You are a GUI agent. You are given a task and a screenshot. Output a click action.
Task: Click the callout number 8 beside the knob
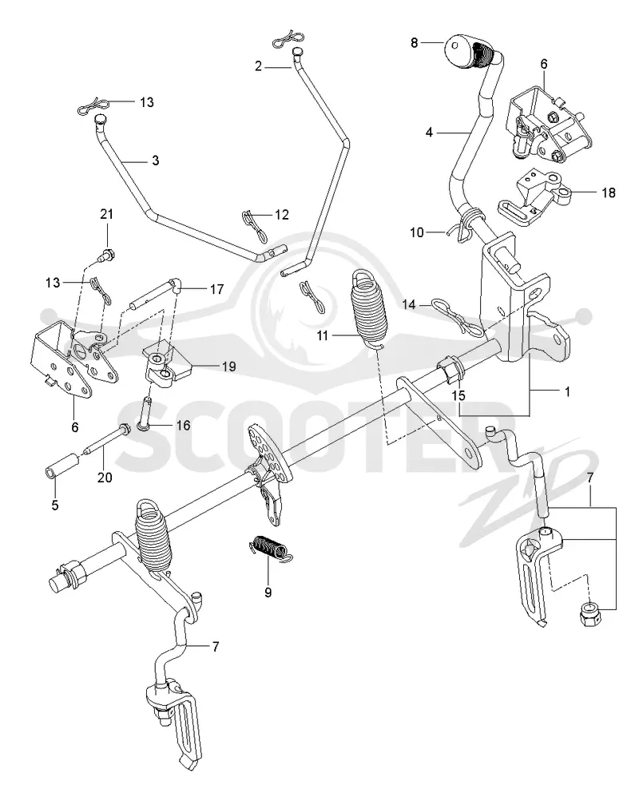point(415,43)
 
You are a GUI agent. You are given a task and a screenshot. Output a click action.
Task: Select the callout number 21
point(107,215)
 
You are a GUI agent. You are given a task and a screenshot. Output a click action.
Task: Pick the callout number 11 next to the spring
point(323,335)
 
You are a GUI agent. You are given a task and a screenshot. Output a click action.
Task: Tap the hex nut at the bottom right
point(589,614)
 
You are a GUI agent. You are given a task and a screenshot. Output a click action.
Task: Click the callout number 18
point(609,192)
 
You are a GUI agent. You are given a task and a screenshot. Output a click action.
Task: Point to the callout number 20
point(105,478)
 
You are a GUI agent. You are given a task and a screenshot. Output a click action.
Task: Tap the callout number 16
point(183,426)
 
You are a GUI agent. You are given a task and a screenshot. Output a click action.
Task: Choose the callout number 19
point(229,367)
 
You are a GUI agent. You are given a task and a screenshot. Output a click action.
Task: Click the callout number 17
point(217,289)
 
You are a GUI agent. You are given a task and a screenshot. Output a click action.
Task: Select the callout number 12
point(282,215)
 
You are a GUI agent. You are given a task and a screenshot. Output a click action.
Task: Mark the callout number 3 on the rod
point(155,161)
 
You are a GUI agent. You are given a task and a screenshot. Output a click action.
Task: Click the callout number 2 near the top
point(259,66)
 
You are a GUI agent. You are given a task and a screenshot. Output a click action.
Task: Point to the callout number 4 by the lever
point(430,133)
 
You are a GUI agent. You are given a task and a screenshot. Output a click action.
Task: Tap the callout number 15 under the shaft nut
point(458,395)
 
